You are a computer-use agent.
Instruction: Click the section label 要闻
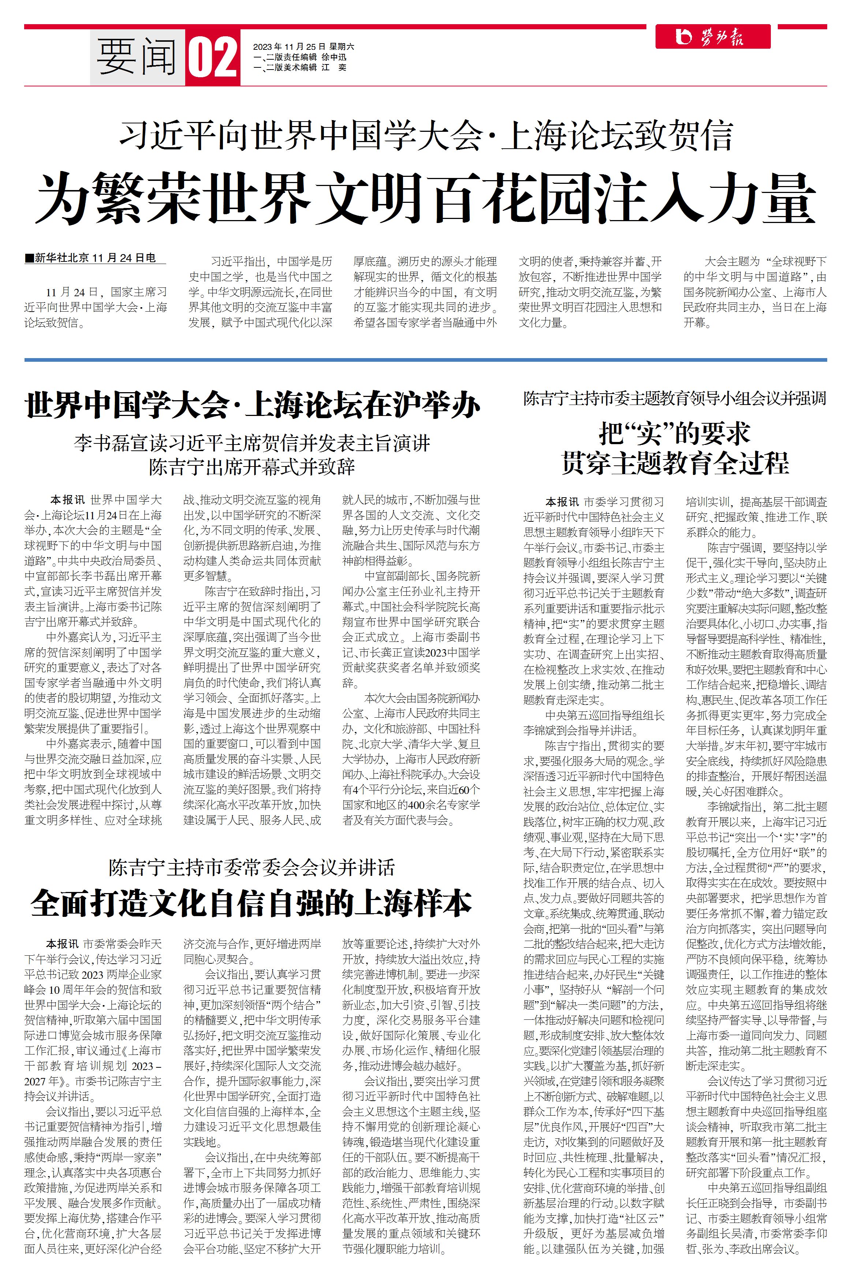click(137, 57)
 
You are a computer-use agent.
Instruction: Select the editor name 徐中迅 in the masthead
click(334, 57)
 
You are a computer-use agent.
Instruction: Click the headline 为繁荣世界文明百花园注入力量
click(425, 198)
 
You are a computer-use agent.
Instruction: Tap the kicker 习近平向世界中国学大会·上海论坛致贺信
click(425, 136)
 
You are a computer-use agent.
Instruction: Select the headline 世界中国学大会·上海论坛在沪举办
click(252, 406)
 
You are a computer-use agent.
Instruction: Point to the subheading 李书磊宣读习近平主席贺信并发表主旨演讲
click(252, 443)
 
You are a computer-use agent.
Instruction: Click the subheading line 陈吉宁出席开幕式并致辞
click(252, 467)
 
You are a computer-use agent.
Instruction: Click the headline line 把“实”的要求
click(674, 434)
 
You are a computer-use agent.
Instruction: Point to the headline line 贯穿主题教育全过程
click(674, 463)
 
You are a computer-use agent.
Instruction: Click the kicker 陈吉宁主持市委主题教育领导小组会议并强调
click(674, 399)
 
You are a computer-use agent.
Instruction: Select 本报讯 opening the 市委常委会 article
click(62, 944)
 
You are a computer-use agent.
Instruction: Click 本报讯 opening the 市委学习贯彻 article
click(562, 502)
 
